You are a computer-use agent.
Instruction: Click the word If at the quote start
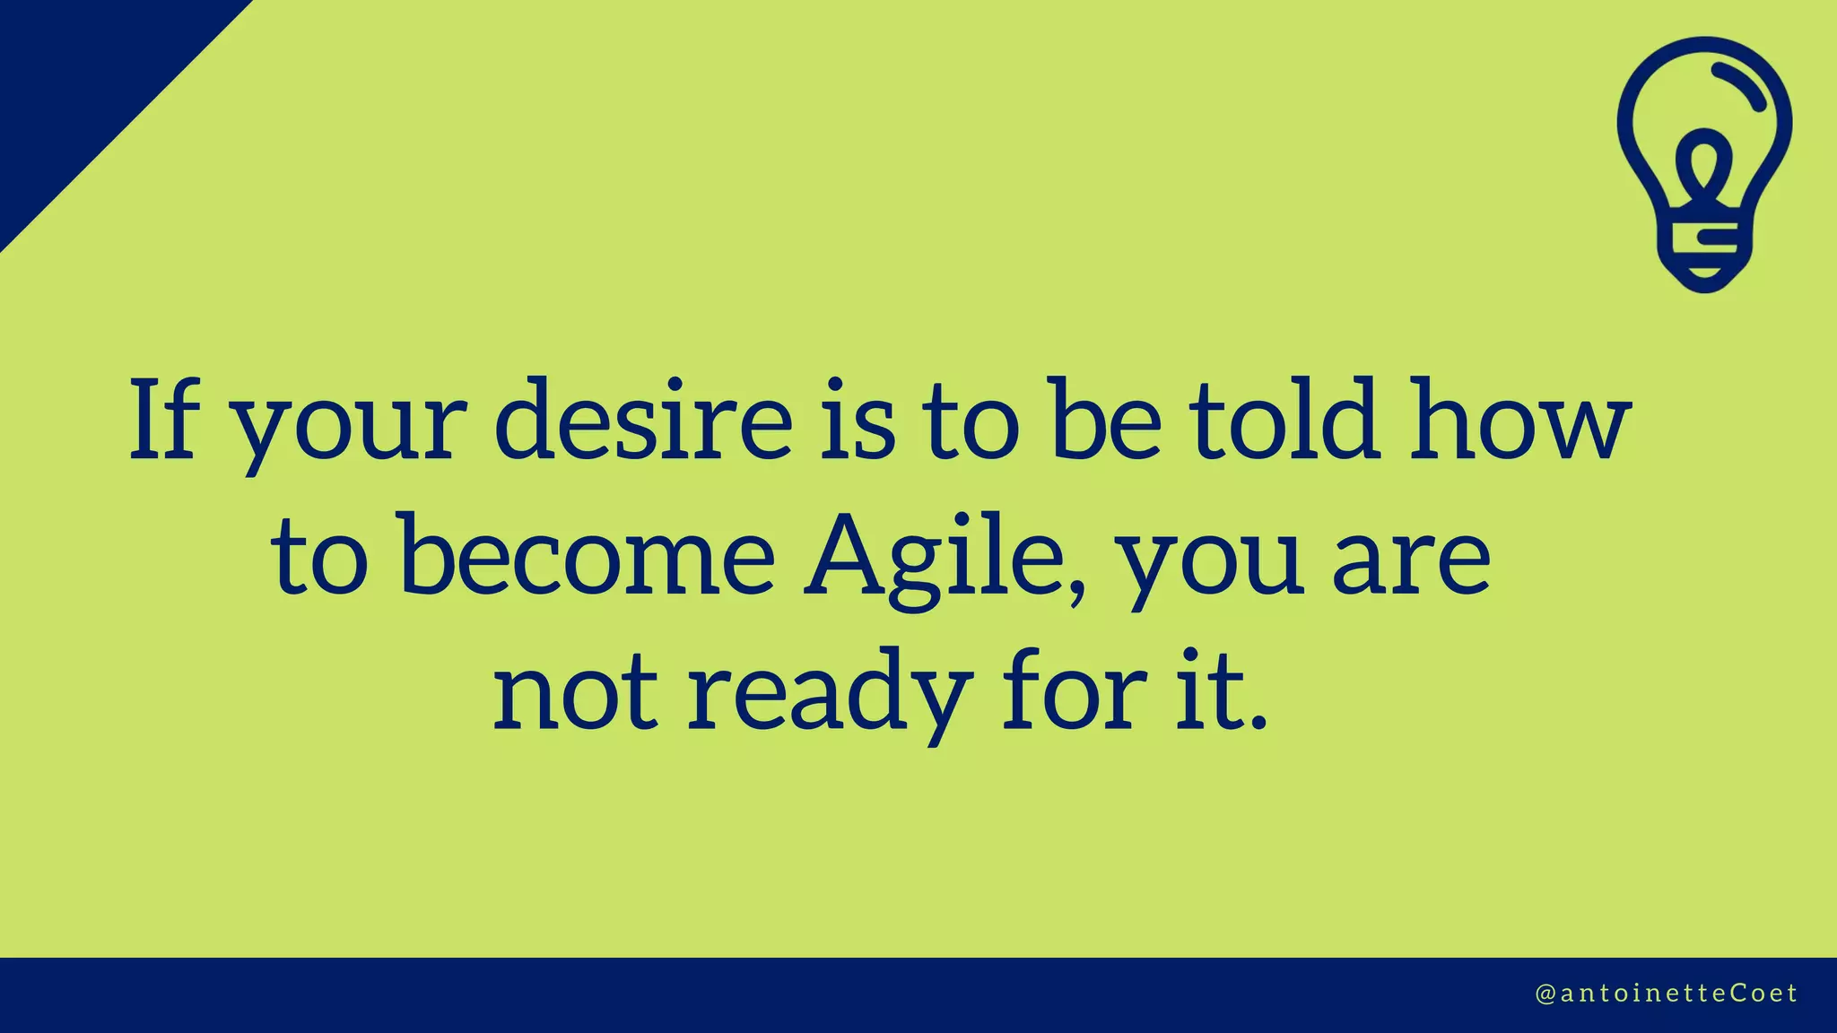click(x=163, y=420)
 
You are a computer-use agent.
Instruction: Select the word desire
click(x=643, y=420)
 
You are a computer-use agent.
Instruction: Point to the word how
click(x=1518, y=420)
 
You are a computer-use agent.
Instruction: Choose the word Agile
click(x=933, y=556)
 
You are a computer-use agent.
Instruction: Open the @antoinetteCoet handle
click(x=1667, y=994)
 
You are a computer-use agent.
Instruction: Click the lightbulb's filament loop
click(x=1703, y=165)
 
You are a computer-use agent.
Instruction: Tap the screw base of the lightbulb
click(x=1704, y=256)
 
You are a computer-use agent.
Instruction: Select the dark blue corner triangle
click(x=81, y=81)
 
